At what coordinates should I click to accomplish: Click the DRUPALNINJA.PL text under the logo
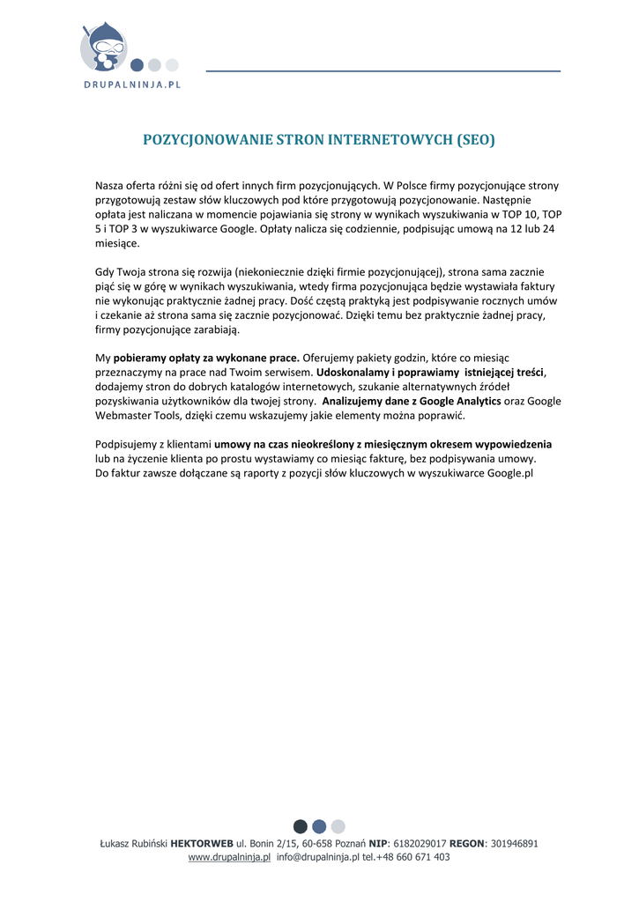(132, 85)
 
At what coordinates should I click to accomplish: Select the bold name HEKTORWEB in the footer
(202, 843)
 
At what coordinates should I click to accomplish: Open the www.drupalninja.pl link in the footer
(229, 857)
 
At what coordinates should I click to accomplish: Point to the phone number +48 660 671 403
(412, 857)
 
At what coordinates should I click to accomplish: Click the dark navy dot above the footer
(301, 826)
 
